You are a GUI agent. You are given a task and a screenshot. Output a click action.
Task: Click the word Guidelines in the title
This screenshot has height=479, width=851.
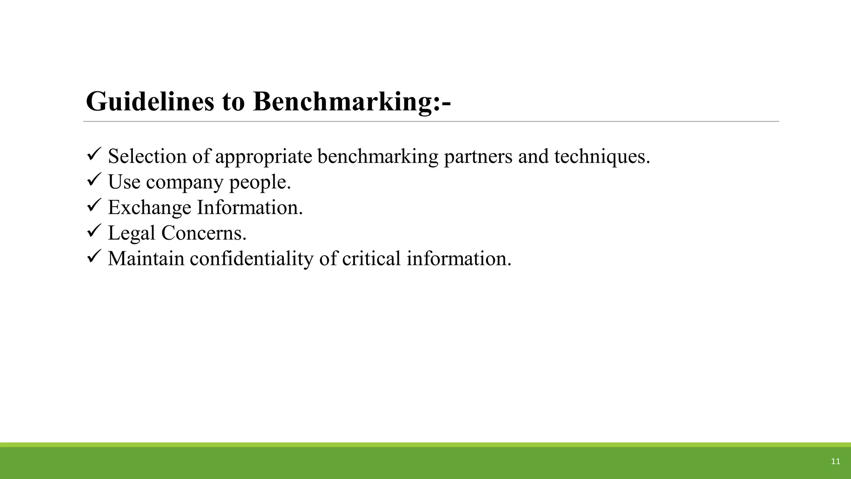[150, 101]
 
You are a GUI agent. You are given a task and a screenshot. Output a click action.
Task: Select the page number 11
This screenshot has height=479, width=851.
[835, 462]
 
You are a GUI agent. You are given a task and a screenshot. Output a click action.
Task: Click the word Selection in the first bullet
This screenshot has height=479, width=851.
[147, 156]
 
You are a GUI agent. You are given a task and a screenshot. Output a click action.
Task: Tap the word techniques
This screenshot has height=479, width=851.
[602, 156]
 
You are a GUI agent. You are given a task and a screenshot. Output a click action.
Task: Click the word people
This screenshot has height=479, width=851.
[260, 182]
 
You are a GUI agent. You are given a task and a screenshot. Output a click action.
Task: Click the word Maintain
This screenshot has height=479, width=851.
[146, 258]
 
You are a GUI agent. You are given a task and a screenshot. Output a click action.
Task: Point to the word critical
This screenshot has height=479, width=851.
[371, 258]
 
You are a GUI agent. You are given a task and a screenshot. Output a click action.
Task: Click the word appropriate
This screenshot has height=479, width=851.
[263, 156]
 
